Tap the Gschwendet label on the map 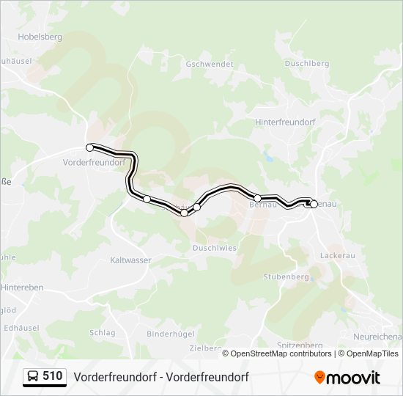coord(210,65)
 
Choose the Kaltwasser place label coord(130,260)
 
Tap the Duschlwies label coord(215,248)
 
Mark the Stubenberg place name coord(286,277)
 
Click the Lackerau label coord(338,255)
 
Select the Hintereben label coord(22,287)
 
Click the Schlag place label coord(103,332)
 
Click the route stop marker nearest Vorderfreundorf coord(90,147)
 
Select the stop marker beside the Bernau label coord(258,198)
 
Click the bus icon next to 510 coord(33,376)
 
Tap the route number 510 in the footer coord(52,376)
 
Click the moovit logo coord(347,377)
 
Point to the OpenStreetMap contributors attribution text coord(281,353)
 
